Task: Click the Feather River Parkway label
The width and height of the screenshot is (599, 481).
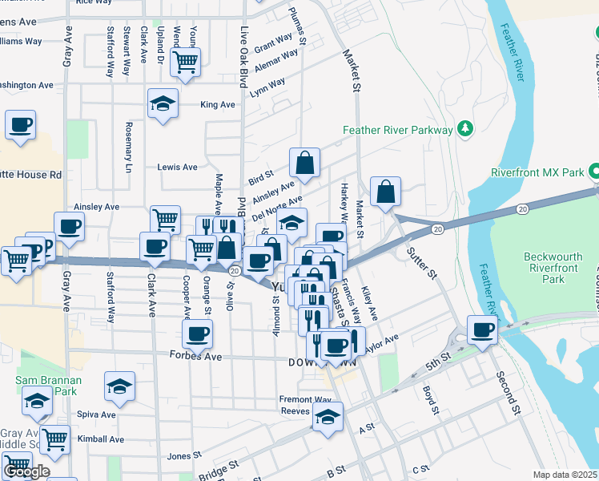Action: point(397,130)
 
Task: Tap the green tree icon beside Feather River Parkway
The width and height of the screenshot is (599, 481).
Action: point(464,129)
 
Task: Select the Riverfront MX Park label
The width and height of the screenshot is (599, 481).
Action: point(537,172)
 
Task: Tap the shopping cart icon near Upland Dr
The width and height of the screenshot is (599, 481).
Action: point(186,61)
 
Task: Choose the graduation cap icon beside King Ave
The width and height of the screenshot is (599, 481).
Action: point(163,103)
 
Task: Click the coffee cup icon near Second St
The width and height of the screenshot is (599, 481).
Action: point(482,329)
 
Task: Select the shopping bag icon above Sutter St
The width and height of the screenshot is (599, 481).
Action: point(385,192)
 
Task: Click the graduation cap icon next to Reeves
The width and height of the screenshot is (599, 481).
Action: point(328,416)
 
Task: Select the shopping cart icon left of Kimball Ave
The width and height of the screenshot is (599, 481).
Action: point(54,439)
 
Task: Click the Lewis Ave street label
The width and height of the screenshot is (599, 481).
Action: point(177,168)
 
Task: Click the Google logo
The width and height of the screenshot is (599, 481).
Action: point(26,471)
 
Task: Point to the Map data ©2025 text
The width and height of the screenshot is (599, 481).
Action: point(565,475)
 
